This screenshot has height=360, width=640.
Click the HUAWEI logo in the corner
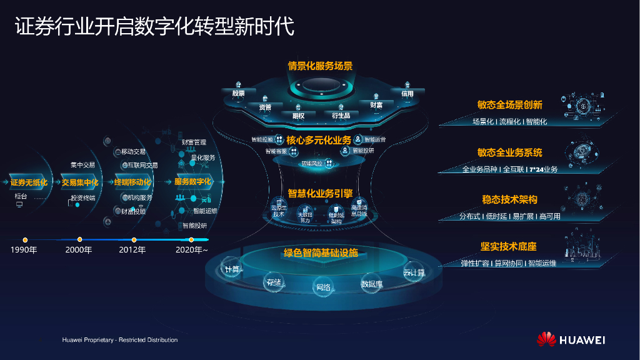[571, 339]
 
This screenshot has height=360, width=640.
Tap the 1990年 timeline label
[24, 250]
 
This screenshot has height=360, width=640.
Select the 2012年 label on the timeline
[132, 250]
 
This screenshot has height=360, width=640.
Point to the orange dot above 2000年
[79, 239]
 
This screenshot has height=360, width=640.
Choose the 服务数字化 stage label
[193, 182]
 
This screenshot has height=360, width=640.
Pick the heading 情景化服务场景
[320, 66]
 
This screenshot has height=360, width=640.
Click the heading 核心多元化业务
[319, 140]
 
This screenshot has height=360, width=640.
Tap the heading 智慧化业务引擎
[320, 193]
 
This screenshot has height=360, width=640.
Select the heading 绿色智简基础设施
[321, 253]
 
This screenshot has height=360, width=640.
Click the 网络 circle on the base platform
[323, 287]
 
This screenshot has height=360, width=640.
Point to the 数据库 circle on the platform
[371, 284]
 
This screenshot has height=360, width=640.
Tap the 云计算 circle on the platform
[414, 272]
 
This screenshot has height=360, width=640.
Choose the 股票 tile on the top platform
[238, 92]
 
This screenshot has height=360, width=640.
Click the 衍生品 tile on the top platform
[341, 115]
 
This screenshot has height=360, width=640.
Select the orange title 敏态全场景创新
[509, 105]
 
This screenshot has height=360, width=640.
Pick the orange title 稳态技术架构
[509, 199]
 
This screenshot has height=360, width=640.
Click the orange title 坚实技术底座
[509, 246]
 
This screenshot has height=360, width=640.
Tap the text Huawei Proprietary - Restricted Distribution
[120, 340]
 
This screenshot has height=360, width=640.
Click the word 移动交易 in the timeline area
[133, 152]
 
